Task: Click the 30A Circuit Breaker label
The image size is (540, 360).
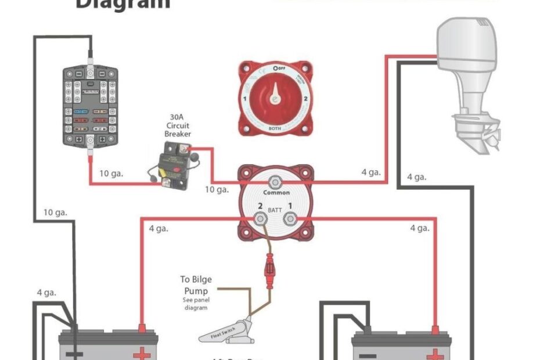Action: point(178,125)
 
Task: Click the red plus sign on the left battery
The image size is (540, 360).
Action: point(141,354)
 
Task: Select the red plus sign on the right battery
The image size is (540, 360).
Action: point(434,354)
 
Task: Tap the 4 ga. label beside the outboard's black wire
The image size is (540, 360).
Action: point(417,177)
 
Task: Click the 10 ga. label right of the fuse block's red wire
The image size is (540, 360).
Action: point(111,173)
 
